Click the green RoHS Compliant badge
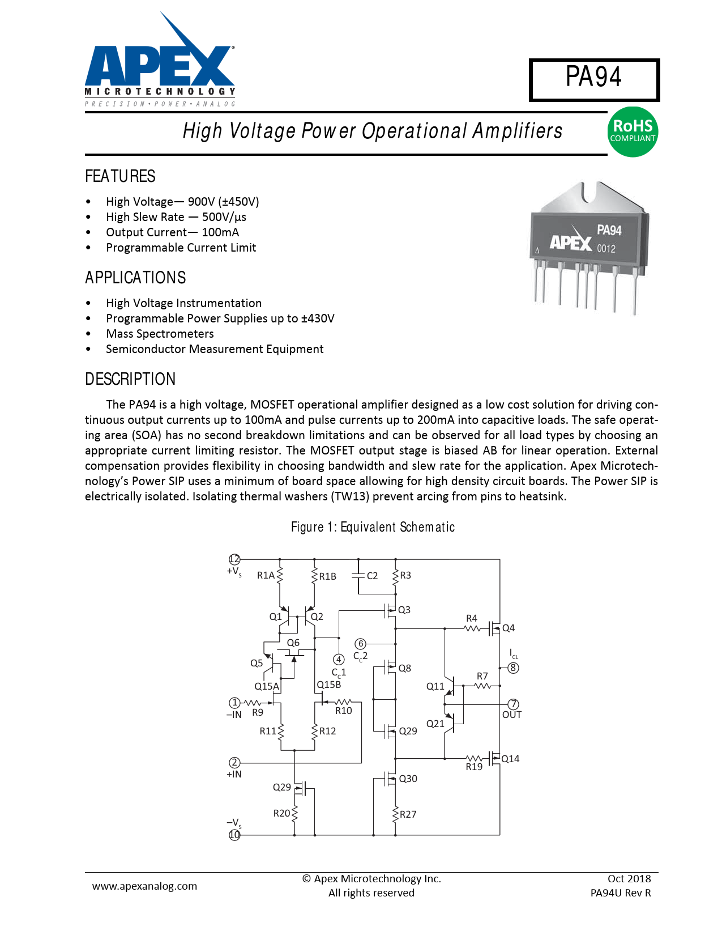pyautogui.click(x=633, y=131)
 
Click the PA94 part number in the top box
pyautogui.click(x=593, y=77)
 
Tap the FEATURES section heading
pyautogui.click(x=120, y=176)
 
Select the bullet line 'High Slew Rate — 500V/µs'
pyautogui.click(x=176, y=217)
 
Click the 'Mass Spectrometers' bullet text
pyautogui.click(x=160, y=334)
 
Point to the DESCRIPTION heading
pyautogui.click(x=130, y=379)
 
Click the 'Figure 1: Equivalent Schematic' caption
pyautogui.click(x=373, y=527)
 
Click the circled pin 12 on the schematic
pyautogui.click(x=234, y=559)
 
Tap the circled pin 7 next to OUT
pyautogui.click(x=513, y=704)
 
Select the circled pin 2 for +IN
pyautogui.click(x=234, y=763)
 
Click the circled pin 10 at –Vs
pyautogui.click(x=234, y=835)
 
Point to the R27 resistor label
pyautogui.click(x=408, y=814)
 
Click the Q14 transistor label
pyautogui.click(x=510, y=759)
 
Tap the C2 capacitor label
pyautogui.click(x=372, y=576)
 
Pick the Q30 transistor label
pyautogui.click(x=408, y=779)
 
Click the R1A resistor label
pyautogui.click(x=266, y=575)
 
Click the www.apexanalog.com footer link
pyautogui.click(x=144, y=886)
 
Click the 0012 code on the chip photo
pyautogui.click(x=606, y=248)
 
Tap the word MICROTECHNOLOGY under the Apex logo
pyautogui.click(x=160, y=91)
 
